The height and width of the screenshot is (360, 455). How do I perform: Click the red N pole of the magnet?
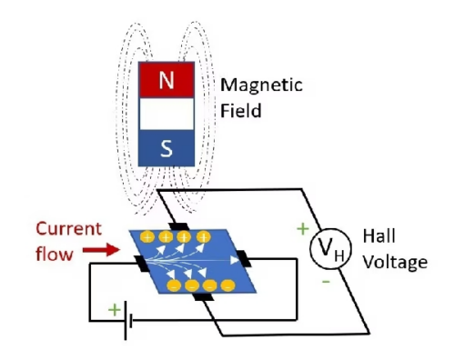[x=166, y=80]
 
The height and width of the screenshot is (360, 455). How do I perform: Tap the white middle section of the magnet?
[x=166, y=115]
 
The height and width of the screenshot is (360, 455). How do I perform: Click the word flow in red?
[x=56, y=255]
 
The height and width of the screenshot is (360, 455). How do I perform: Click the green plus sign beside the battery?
[x=115, y=310]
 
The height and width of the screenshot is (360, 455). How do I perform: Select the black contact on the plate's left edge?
[x=138, y=264]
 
